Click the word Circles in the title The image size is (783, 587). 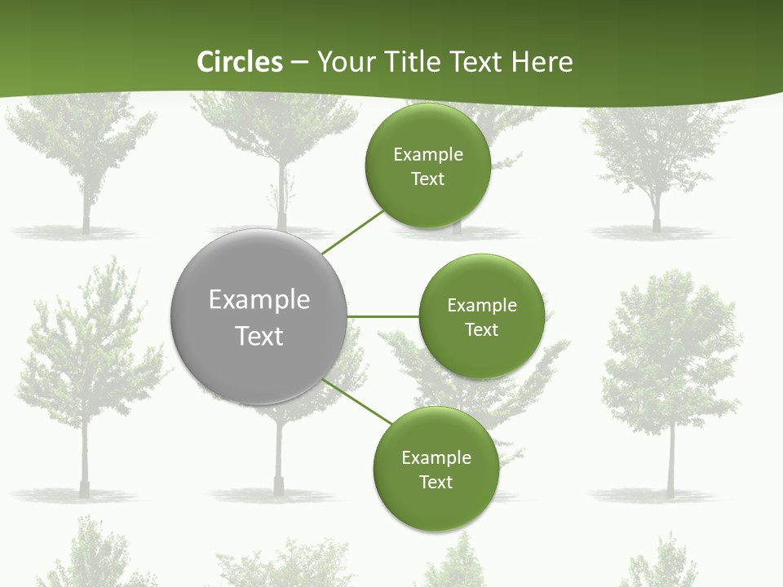tap(240, 62)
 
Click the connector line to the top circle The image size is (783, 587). tap(352, 232)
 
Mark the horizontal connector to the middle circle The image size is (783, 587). tap(383, 316)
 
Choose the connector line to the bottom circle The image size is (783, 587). tap(357, 402)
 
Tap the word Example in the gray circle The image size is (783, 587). tap(259, 300)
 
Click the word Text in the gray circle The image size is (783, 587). tap(259, 336)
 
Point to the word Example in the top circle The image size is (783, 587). tap(427, 155)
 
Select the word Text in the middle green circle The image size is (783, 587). tap(481, 330)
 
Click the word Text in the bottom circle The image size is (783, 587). tap(436, 483)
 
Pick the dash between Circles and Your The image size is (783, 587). tap(299, 62)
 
